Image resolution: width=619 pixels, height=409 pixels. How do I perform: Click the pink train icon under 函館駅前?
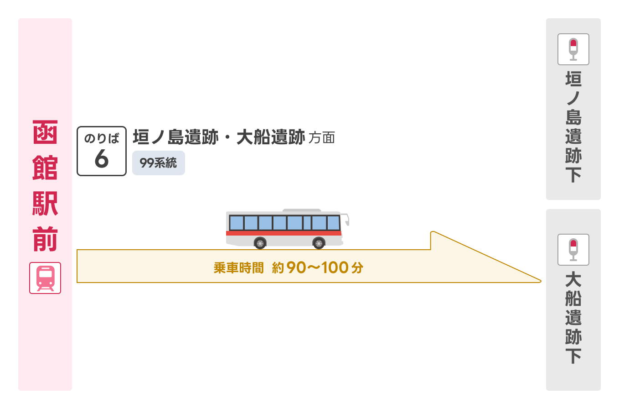tap(45, 278)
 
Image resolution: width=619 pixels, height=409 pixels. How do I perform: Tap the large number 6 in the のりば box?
tap(101, 158)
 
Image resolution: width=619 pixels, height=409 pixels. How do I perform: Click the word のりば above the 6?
tap(102, 138)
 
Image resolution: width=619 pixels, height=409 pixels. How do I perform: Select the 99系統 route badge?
tap(158, 163)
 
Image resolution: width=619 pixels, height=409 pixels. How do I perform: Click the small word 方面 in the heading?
tap(322, 138)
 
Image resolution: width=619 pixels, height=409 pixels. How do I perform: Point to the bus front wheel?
tap(319, 243)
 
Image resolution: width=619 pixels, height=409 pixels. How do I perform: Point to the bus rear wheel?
tap(260, 243)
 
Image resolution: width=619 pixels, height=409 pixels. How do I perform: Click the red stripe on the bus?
tap(284, 233)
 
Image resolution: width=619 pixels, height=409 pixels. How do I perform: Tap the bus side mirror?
tap(346, 220)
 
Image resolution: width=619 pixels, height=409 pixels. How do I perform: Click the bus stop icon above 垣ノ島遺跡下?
tap(573, 49)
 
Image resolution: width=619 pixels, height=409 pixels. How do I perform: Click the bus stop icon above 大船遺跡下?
tap(573, 250)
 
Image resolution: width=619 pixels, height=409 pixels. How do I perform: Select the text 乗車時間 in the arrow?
tap(238, 268)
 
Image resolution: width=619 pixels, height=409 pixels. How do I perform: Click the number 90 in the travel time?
tap(296, 267)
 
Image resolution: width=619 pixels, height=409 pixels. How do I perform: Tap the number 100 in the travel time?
tap(335, 267)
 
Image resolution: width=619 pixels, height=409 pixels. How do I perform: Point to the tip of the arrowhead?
tap(541, 281)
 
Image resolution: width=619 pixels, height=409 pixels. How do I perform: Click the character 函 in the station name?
tap(45, 132)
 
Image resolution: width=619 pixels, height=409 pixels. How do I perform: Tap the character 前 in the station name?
tap(45, 239)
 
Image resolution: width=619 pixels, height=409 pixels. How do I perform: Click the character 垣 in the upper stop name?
tap(573, 79)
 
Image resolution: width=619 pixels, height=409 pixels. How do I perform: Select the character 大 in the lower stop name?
tap(573, 279)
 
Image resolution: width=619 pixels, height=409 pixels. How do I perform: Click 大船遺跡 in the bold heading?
tap(271, 137)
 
